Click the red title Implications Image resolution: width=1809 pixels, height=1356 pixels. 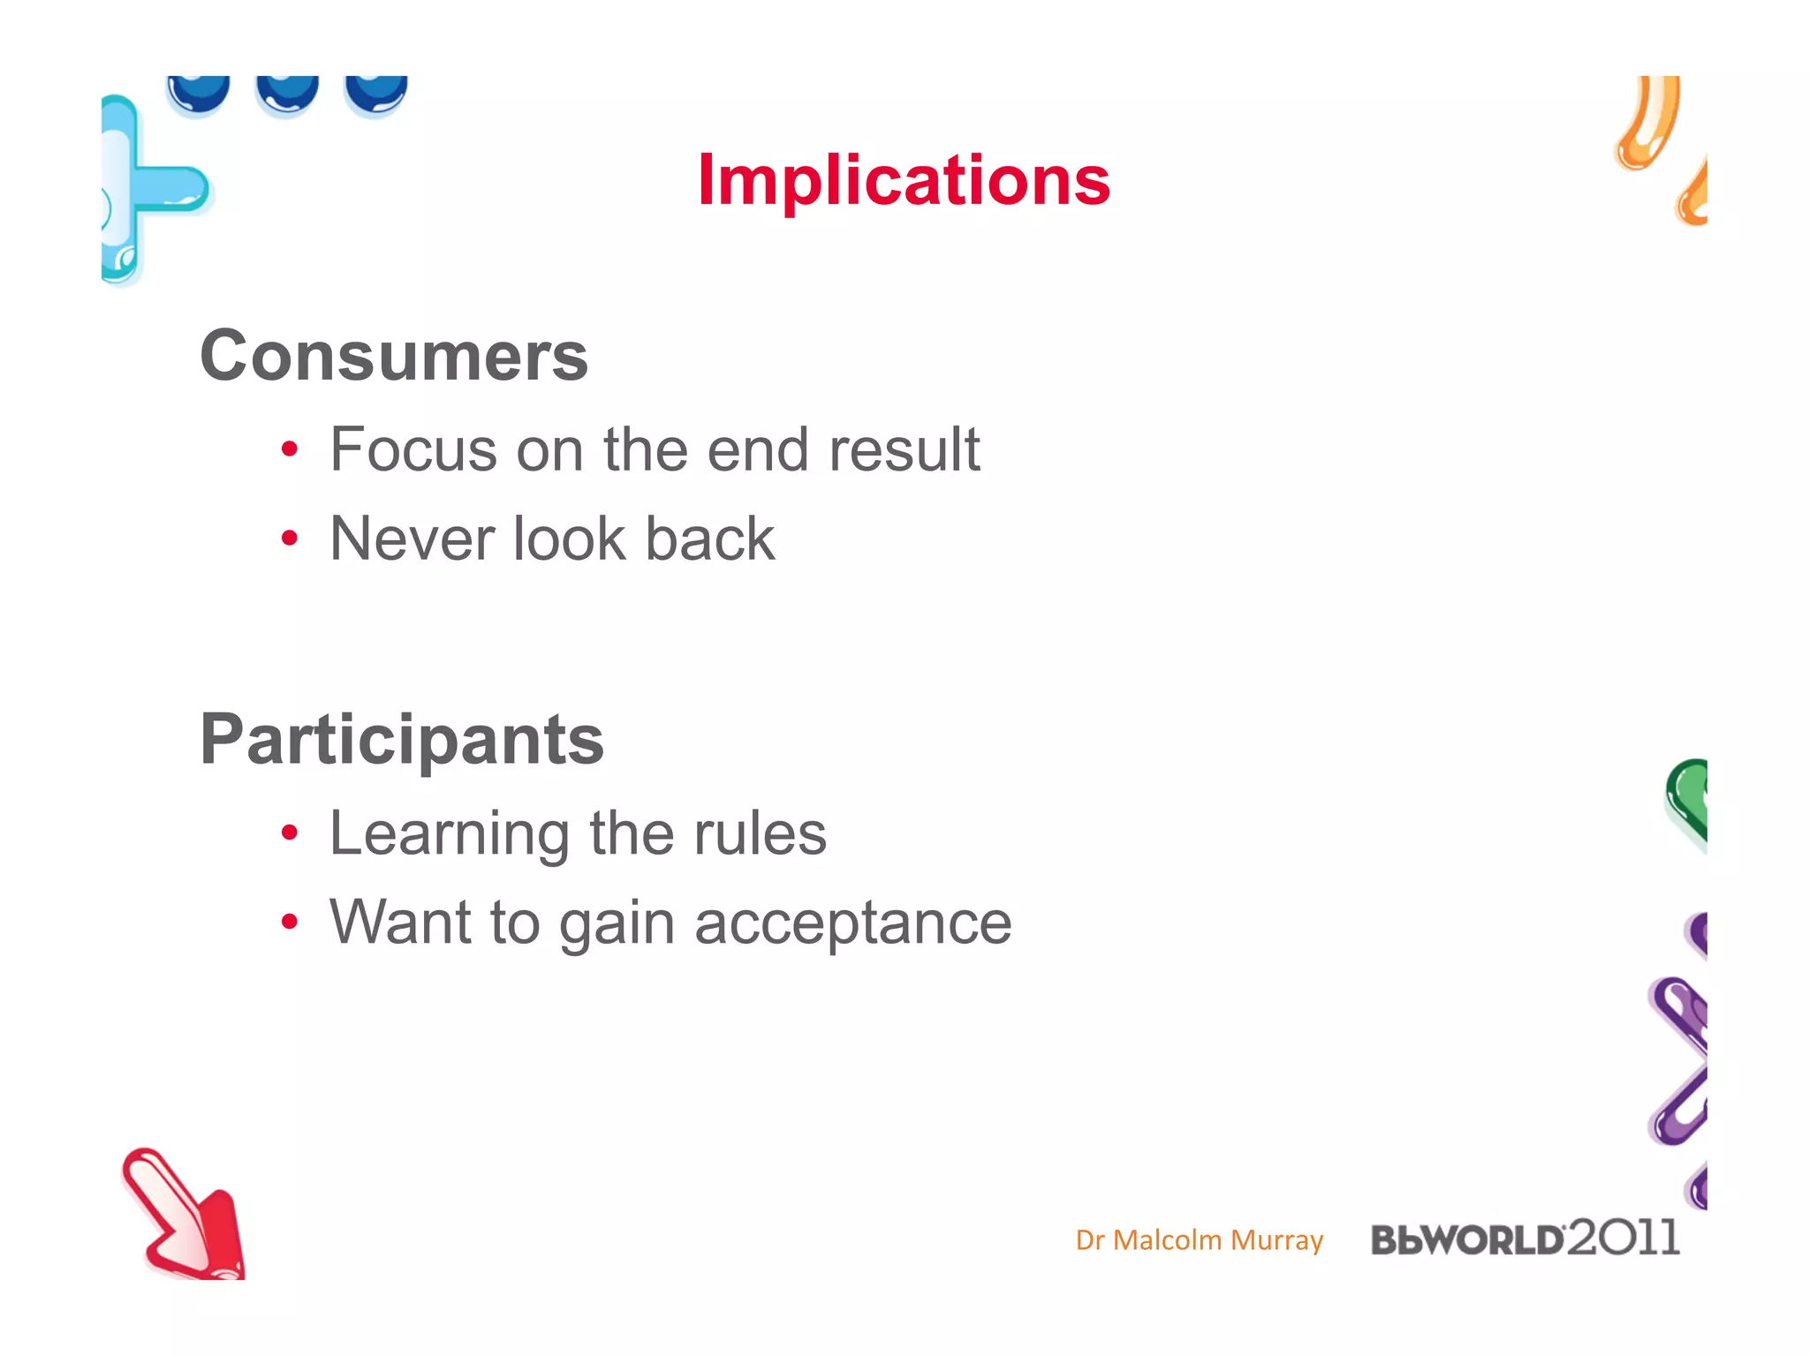point(904,180)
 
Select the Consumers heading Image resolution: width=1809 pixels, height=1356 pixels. point(394,356)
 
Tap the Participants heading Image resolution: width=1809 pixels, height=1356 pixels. point(402,739)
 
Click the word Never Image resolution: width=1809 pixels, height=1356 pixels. point(411,539)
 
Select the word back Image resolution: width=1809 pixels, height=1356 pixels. point(709,539)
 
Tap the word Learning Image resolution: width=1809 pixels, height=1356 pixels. point(450,834)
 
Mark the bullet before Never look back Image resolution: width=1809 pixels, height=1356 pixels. point(290,539)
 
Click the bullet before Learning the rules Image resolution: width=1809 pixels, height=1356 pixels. point(290,832)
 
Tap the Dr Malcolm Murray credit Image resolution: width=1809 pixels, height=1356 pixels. point(1199,1240)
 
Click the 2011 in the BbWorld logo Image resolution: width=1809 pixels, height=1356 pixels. point(1624,1237)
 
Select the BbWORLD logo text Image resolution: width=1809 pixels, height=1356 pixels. point(1466,1240)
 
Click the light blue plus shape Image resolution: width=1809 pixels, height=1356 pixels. point(146,189)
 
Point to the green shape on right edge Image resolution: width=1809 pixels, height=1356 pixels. point(1689,799)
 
